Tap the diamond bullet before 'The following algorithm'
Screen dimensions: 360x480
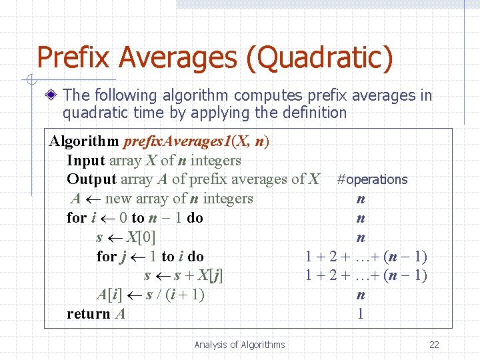53,96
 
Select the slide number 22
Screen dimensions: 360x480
434,345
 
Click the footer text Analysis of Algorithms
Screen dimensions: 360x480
239,345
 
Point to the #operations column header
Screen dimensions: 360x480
372,179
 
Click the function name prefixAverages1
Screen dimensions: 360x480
175,141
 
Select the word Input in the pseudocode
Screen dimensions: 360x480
86,161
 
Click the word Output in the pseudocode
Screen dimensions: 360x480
91,179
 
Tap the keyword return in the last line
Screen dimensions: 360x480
89,314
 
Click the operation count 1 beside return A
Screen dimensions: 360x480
361,314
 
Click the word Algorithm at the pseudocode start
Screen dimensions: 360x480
82,141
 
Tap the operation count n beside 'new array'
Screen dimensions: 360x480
361,199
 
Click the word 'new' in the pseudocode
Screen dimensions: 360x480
118,199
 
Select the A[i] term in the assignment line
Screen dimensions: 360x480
110,295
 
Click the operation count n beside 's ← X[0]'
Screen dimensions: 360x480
361,237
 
